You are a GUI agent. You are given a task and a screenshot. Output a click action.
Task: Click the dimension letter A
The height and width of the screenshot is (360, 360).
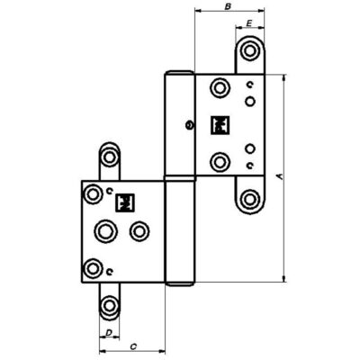[281, 176]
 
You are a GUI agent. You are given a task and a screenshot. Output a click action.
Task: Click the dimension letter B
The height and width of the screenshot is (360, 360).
[228, 6]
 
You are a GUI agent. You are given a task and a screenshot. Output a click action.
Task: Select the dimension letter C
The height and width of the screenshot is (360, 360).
[133, 346]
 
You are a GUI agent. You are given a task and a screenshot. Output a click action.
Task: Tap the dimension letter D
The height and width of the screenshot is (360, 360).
[109, 332]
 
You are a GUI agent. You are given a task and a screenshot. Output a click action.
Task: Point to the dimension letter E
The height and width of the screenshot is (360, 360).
[248, 23]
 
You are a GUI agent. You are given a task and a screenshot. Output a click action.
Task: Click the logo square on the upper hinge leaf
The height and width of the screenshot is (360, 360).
[220, 125]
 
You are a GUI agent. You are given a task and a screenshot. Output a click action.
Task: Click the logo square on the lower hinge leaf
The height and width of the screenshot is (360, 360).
[125, 203]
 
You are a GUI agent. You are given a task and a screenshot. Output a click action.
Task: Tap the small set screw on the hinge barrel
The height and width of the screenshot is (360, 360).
[189, 125]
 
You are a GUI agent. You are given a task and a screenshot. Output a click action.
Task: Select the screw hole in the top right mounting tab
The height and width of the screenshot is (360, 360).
[249, 50]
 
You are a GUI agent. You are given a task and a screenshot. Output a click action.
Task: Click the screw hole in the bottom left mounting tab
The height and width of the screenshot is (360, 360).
[109, 306]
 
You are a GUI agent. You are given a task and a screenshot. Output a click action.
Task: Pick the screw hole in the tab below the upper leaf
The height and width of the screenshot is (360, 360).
[249, 199]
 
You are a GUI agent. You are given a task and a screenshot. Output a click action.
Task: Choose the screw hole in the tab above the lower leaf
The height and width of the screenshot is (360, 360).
[109, 157]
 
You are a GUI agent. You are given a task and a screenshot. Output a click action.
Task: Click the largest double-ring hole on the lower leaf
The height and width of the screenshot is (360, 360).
[105, 231]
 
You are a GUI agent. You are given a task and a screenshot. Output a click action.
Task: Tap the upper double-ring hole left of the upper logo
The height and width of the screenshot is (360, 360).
[220, 88]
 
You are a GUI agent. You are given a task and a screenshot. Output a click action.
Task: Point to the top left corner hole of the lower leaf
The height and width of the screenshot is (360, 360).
[93, 193]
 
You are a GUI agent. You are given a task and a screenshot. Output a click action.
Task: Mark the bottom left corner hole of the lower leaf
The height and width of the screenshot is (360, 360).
[93, 267]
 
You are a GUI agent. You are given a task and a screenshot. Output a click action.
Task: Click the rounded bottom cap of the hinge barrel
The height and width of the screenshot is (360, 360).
[180, 283]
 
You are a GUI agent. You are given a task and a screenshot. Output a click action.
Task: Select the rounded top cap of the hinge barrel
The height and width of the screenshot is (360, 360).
[179, 73]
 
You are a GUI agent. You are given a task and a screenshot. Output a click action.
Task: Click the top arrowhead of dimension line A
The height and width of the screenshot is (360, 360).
[284, 77]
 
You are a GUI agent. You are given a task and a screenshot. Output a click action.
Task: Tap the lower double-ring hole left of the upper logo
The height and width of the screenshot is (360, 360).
[220, 162]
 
